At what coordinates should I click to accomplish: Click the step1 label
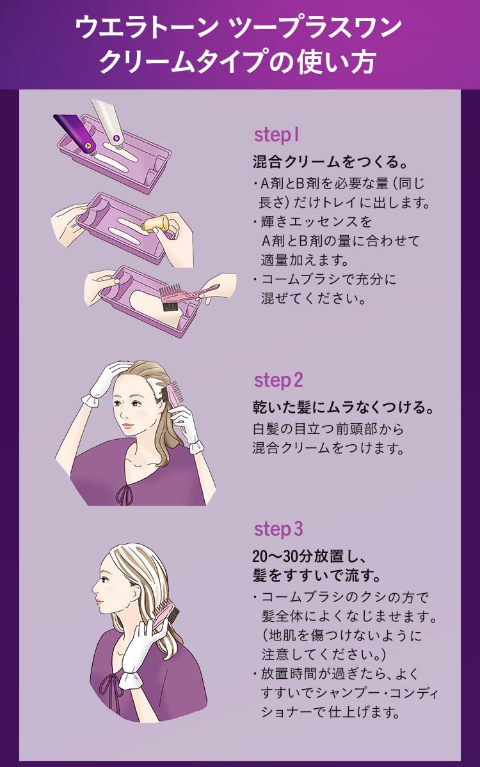pyautogui.click(x=276, y=135)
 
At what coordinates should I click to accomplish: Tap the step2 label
pyautogui.click(x=278, y=380)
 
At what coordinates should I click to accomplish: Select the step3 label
pyautogui.click(x=278, y=529)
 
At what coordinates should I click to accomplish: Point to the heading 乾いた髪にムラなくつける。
pyautogui.click(x=344, y=407)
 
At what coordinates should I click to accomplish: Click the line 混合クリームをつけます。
pyautogui.click(x=328, y=448)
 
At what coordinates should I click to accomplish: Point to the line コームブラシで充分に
pyautogui.click(x=329, y=279)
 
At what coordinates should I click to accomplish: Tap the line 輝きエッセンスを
pyautogui.click(x=316, y=222)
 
